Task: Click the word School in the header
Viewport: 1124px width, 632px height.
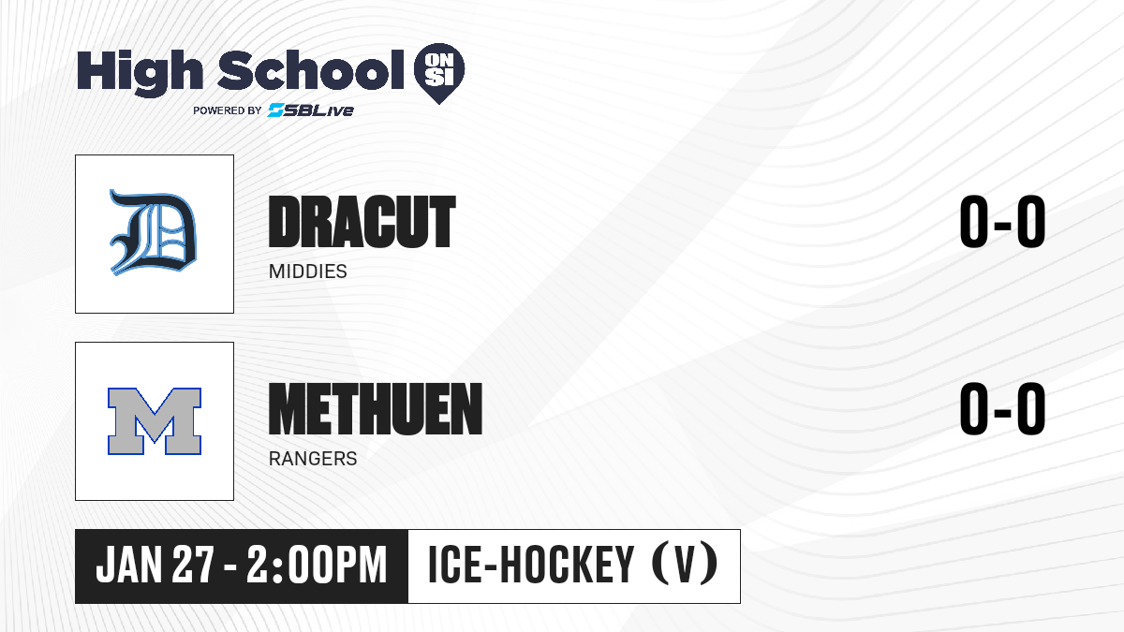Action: pos(311,70)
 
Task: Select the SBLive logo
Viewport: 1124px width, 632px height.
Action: pos(311,110)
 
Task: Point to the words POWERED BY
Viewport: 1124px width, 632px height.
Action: pos(228,110)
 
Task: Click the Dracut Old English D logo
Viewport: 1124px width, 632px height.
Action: pos(153,233)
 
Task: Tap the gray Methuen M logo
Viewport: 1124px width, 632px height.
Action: pos(155,421)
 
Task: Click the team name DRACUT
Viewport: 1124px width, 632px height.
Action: pos(362,222)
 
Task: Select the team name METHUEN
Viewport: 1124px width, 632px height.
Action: pos(376,409)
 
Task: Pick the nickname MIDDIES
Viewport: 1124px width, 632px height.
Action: pos(307,272)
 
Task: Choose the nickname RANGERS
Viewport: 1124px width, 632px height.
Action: pos(313,459)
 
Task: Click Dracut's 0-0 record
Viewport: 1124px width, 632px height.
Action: pos(1002,221)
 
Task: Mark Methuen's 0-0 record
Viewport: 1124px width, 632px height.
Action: pos(1002,408)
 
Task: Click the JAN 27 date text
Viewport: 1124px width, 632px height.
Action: pos(155,565)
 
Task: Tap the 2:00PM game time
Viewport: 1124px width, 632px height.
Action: pos(317,565)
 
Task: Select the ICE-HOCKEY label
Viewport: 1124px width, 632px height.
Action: pos(531,565)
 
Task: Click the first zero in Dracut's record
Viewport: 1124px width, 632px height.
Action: pos(974,221)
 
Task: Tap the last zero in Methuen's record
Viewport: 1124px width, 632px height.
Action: pos(1031,408)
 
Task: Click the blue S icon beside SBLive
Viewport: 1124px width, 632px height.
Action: pos(276,110)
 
